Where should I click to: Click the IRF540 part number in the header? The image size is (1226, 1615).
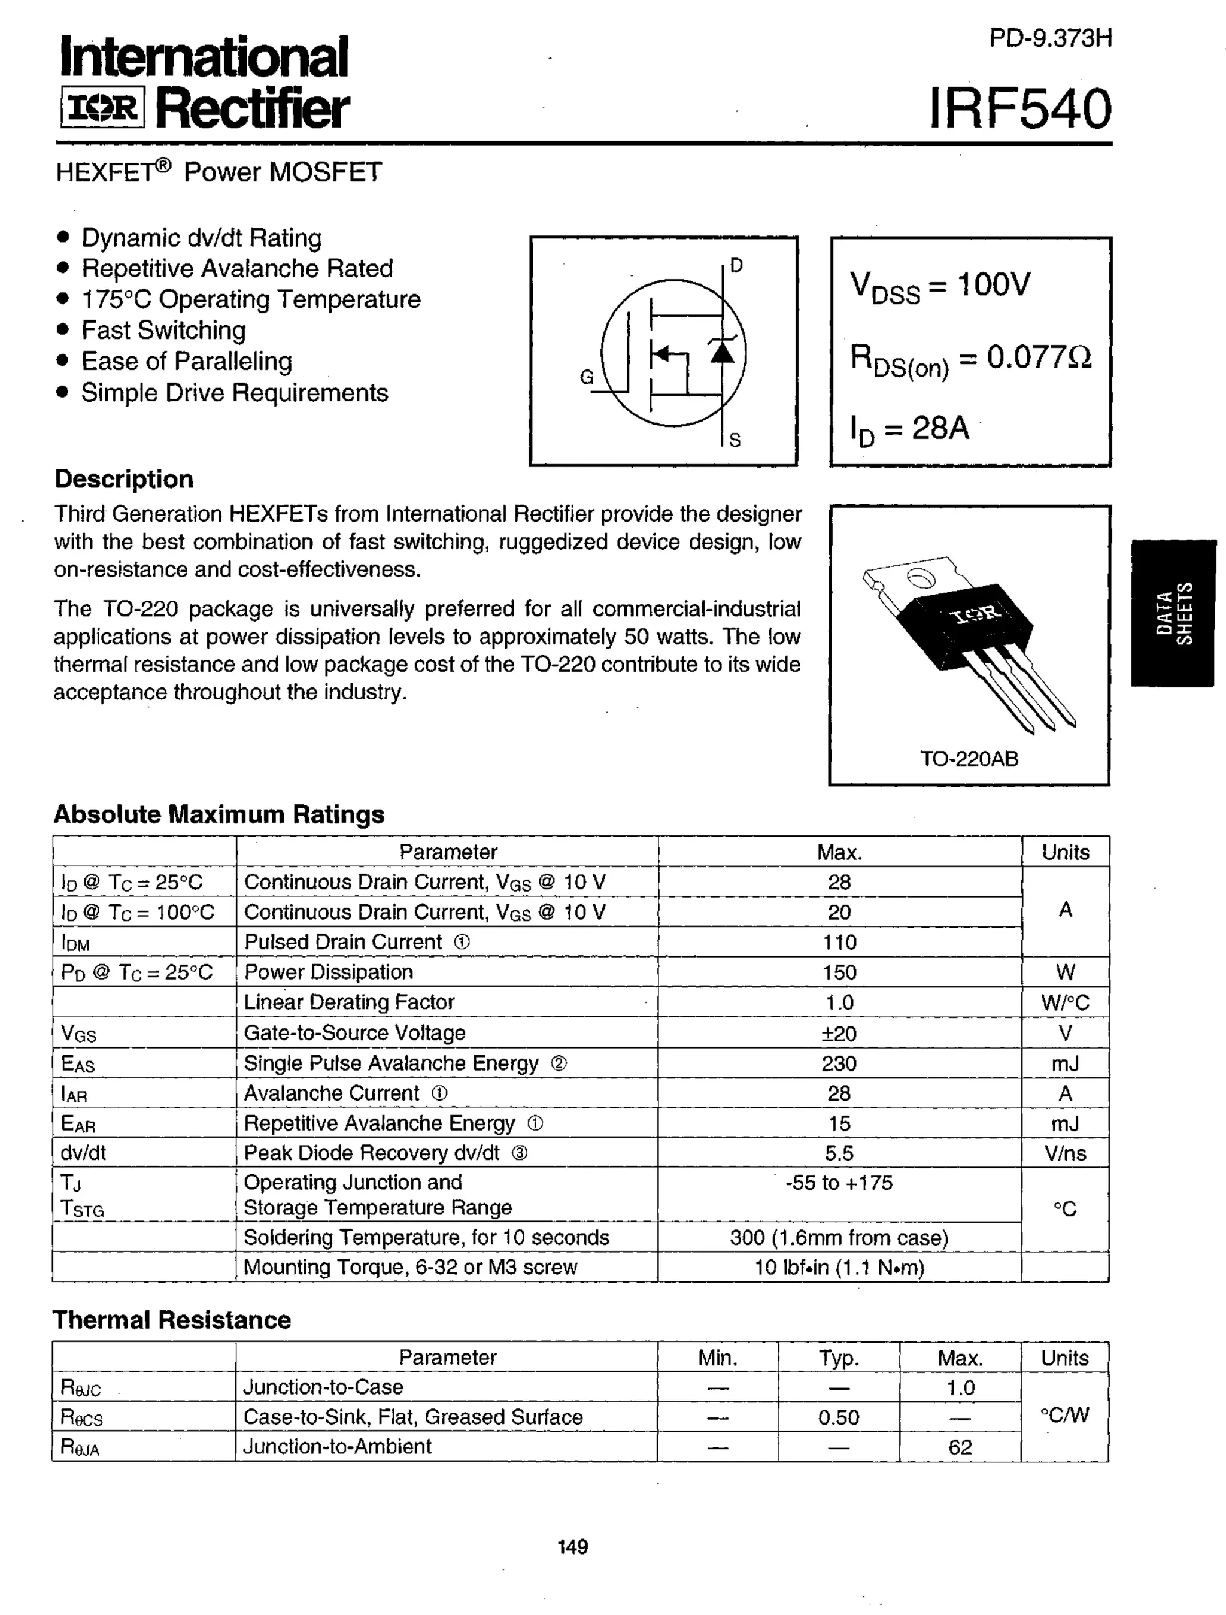1020,110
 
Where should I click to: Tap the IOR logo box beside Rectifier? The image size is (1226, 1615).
102,108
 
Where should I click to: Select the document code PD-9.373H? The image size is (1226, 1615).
1049,38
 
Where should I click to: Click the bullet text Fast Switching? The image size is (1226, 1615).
163,330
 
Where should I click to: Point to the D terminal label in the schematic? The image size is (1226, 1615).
736,266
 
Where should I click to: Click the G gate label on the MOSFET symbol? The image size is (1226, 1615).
587,377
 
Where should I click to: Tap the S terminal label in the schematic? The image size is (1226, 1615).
735,440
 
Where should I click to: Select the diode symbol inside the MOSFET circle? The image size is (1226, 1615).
723,352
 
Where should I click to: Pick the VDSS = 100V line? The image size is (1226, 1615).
940,286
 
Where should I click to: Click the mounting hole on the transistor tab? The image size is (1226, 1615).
921,578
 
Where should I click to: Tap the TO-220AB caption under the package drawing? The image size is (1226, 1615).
969,759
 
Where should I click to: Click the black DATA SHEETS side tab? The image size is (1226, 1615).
1173,613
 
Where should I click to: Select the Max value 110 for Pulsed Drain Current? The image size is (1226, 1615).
839,942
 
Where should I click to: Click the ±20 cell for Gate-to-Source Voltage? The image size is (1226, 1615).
839,1033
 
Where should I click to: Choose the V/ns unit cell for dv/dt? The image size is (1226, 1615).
1065,1153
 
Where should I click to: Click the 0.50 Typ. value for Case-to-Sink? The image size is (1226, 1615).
839,1417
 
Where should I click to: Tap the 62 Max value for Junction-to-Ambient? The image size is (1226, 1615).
960,1447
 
